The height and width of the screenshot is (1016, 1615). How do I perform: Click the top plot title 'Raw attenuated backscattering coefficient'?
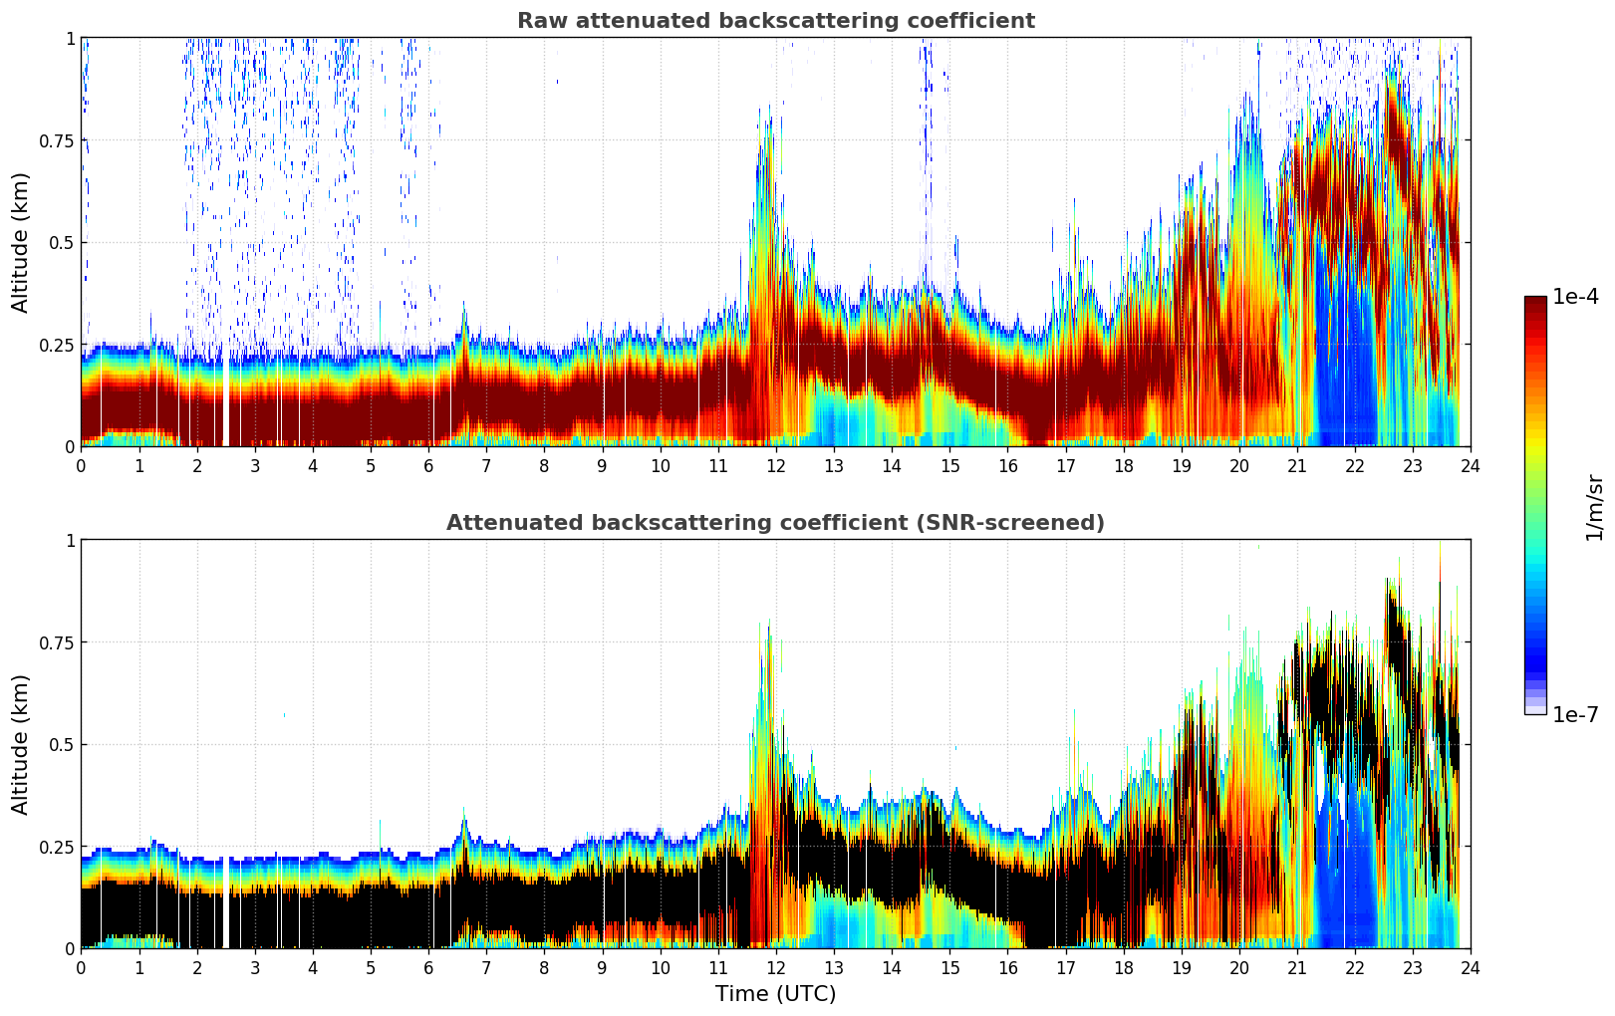tap(775, 21)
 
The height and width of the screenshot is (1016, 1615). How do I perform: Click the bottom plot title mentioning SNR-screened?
tap(775, 523)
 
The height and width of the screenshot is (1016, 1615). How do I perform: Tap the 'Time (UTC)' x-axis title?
tap(775, 994)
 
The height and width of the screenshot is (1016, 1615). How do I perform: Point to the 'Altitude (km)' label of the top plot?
tap(21, 242)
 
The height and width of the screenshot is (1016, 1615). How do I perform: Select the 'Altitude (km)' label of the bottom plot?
tap(21, 744)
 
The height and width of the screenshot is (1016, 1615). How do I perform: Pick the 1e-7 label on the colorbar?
tap(1575, 714)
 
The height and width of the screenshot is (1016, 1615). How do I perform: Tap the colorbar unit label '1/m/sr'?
tap(1594, 507)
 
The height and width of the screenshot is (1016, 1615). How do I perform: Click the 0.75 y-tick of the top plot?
tap(56, 140)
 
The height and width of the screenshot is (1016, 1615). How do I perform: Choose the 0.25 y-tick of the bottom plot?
tap(56, 847)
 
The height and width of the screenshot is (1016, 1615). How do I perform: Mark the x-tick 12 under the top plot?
tap(776, 465)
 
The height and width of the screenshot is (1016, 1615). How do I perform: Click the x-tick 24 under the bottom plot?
tap(1471, 967)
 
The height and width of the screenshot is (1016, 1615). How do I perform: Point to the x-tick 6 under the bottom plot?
tap(428, 967)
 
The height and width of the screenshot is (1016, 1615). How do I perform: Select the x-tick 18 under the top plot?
tap(1123, 465)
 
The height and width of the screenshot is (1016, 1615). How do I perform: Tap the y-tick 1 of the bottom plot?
tap(70, 540)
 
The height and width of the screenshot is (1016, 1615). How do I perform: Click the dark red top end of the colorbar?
tap(1535, 301)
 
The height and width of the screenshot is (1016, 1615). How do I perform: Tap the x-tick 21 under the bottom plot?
tap(1296, 967)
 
